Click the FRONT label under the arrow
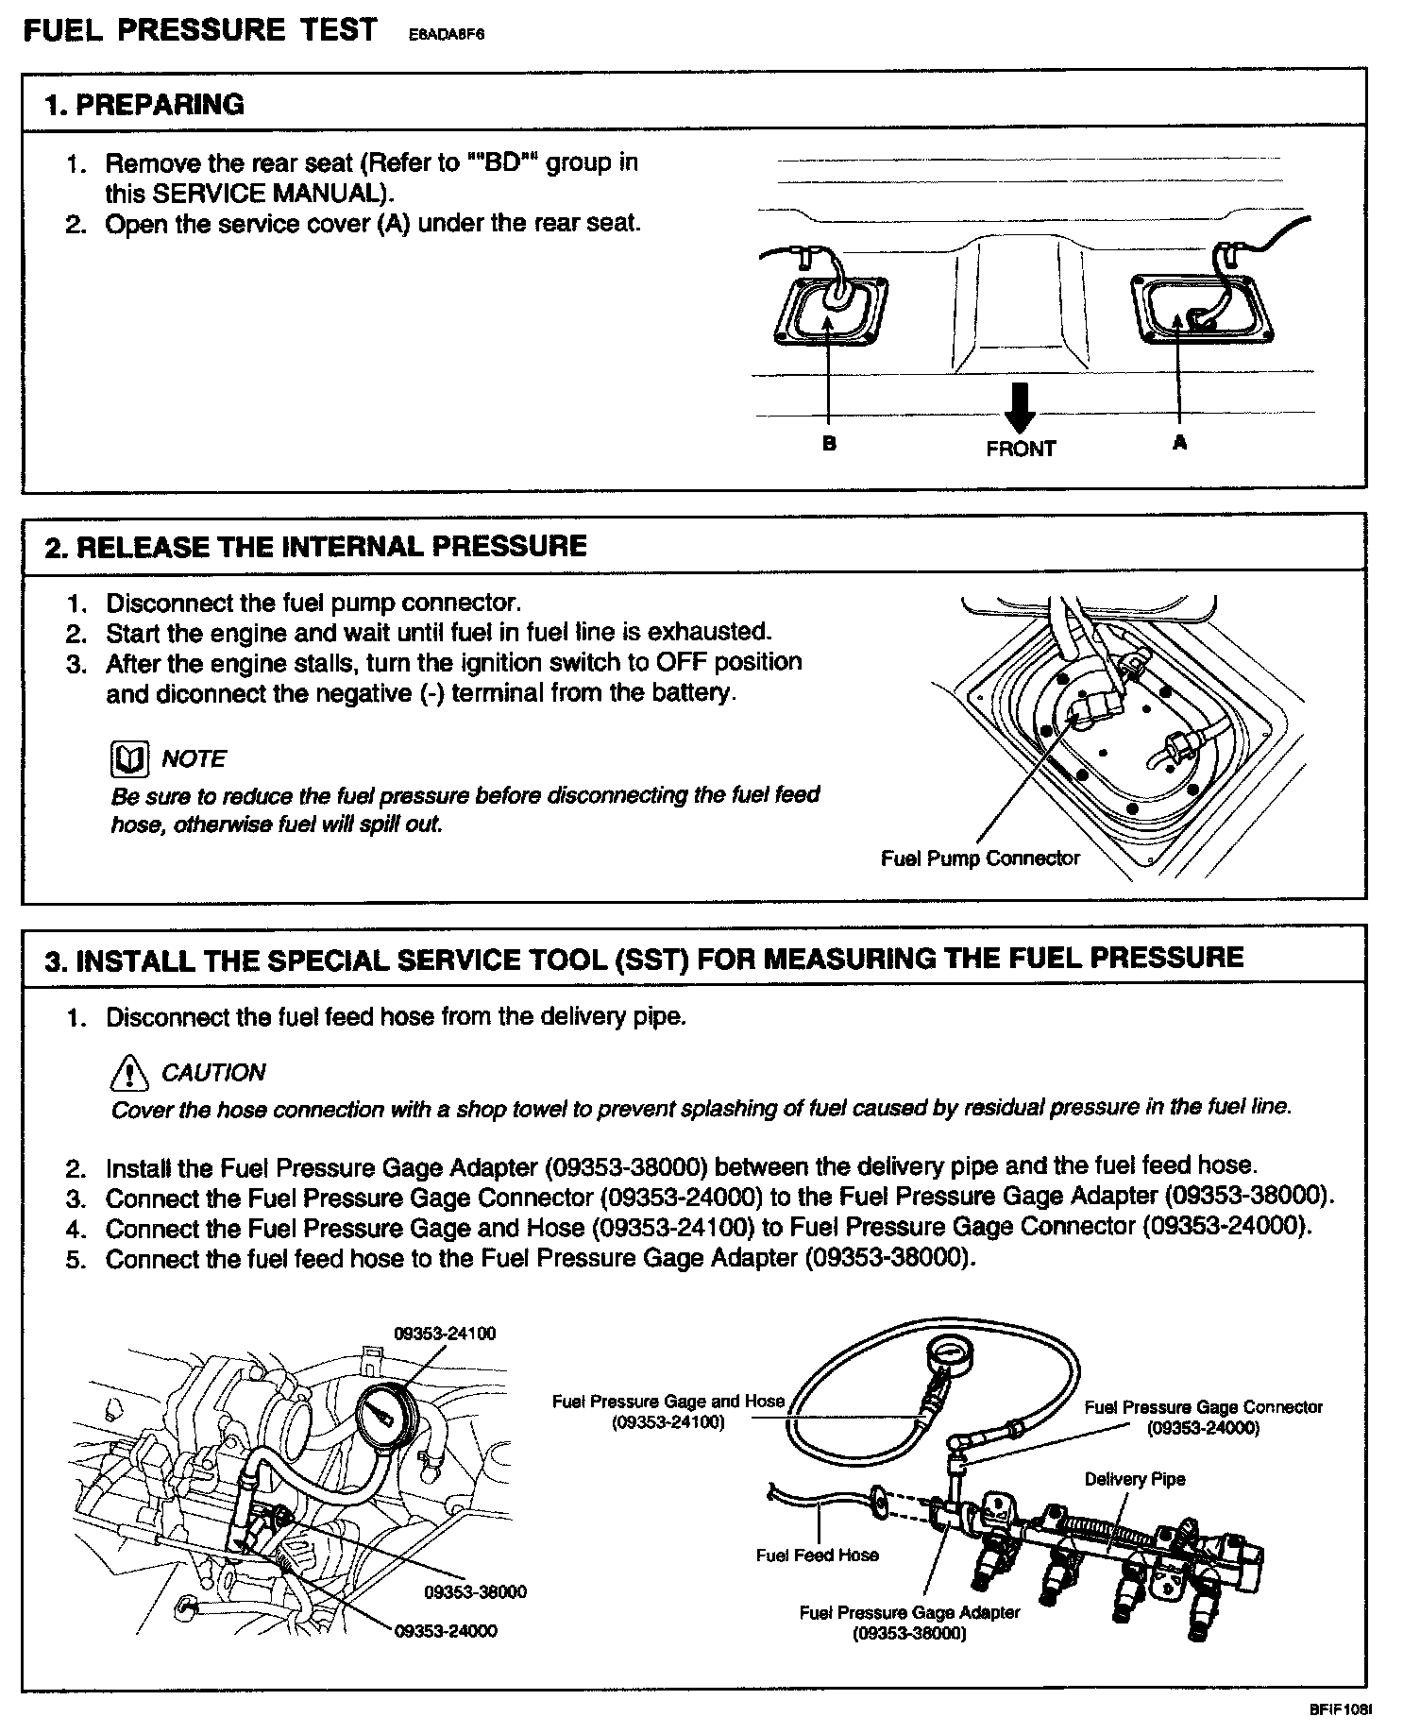tap(1021, 449)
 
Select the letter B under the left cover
tap(828, 443)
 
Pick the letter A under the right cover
tap(1179, 442)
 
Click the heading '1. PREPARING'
tap(144, 104)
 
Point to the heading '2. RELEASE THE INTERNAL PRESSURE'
tap(316, 546)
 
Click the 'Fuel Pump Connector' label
tap(980, 858)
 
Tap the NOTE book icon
tap(129, 758)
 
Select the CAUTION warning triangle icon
tap(129, 1072)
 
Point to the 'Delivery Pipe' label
tap(1134, 1479)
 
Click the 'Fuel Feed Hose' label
tap(817, 1555)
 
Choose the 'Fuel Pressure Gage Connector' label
tap(1203, 1417)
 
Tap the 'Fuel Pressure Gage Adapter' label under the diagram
tap(909, 1623)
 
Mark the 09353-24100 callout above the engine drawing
tap(445, 1333)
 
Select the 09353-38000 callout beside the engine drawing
tap(475, 1591)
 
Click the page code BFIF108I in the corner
tap(1340, 1709)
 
